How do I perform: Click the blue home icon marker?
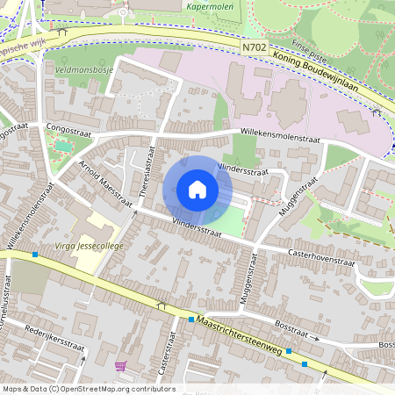197,190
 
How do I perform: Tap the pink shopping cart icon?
120,365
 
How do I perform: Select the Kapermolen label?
211,5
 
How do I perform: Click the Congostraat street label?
68,126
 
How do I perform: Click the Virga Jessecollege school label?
90,246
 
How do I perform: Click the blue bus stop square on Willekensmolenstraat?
35,255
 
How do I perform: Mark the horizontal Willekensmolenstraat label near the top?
283,137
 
